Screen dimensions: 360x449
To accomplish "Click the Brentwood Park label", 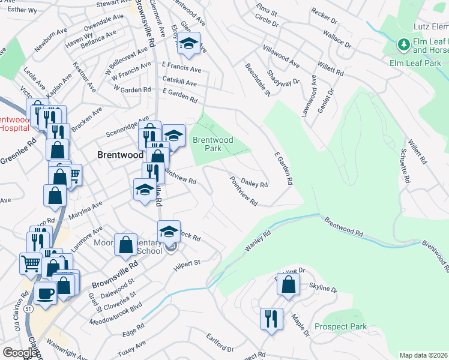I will (x=212, y=144).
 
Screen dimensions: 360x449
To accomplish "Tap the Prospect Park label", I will (x=340, y=327).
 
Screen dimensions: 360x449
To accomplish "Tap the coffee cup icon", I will (x=46, y=294).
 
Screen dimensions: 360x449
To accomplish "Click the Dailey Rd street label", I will (x=254, y=181).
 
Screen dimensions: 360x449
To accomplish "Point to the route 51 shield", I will (x=28, y=308).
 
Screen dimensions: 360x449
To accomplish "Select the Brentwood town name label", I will (x=119, y=154).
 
